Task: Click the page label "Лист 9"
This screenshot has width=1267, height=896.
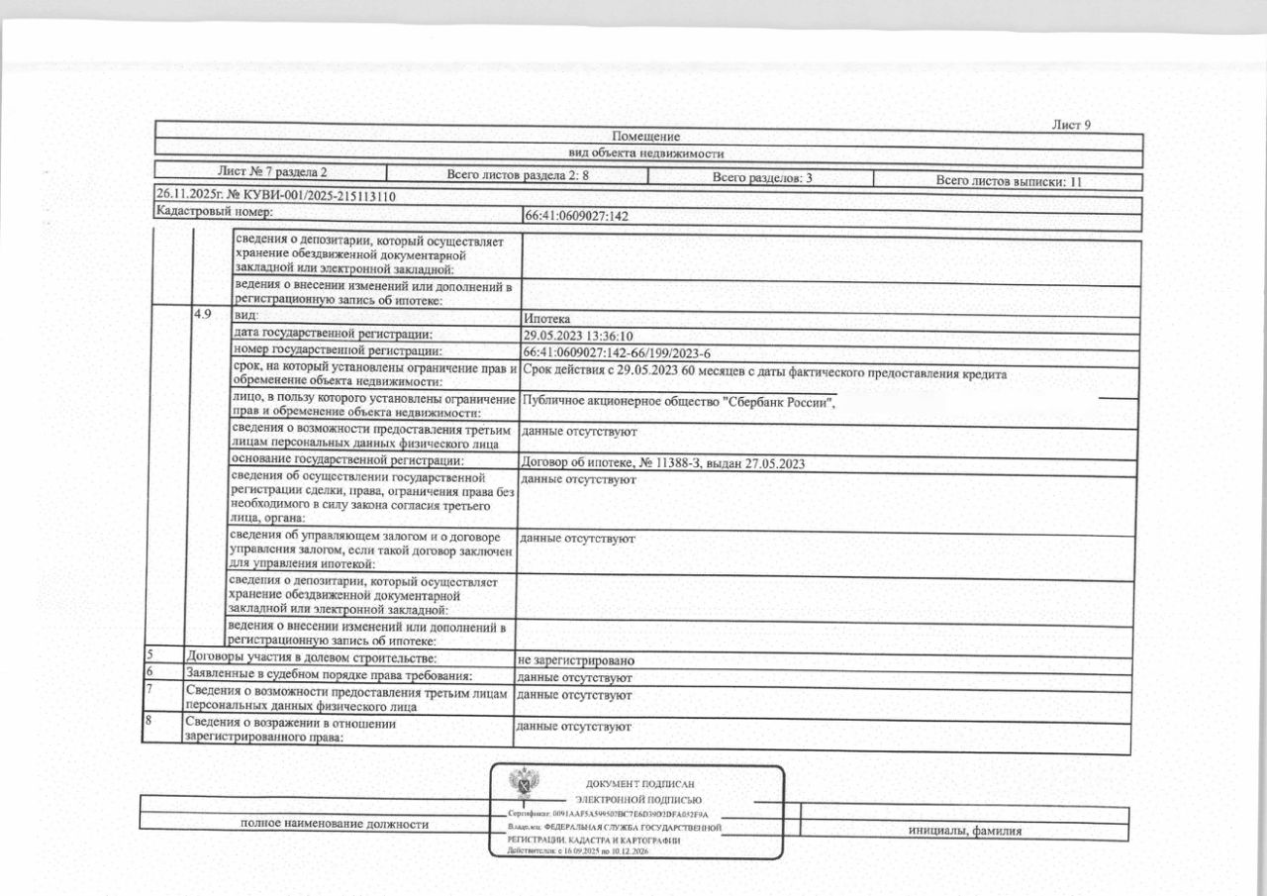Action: coord(1070,125)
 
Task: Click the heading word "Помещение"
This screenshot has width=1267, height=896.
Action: coord(645,137)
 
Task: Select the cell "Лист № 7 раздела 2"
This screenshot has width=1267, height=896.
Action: coord(272,171)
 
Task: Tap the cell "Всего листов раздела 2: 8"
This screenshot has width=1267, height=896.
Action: coord(518,175)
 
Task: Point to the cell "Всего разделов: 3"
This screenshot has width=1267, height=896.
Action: coord(762,178)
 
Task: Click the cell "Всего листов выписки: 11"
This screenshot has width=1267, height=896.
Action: coord(1015,181)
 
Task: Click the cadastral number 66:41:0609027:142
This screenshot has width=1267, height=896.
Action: coord(575,215)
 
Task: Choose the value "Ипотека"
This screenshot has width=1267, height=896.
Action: coord(545,319)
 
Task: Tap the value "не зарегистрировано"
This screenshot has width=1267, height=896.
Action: coord(575,659)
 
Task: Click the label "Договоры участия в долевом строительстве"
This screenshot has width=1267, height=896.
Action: coord(312,656)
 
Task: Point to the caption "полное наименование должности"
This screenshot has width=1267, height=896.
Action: coord(335,824)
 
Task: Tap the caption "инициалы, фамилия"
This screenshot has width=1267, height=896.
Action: coord(965,831)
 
